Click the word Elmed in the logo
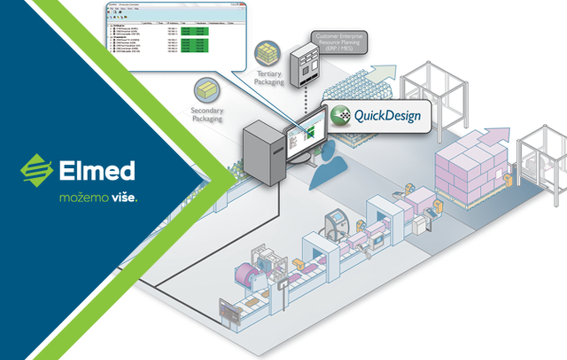coord(97,171)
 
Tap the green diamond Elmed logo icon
coord(36,171)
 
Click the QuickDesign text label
coord(387,116)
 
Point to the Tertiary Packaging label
coord(269,77)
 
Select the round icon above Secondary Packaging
coord(207,90)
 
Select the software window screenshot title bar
coord(176,6)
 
